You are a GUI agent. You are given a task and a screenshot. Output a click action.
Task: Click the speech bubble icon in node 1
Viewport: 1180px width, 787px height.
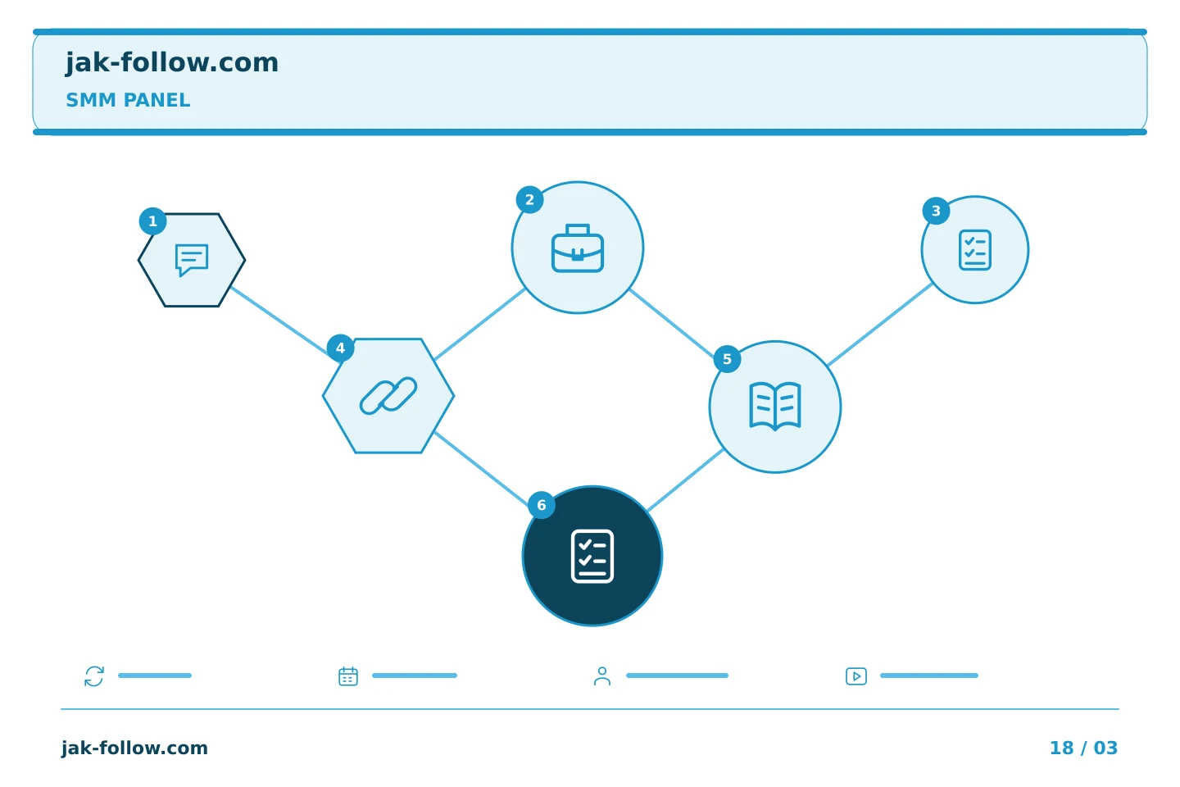(191, 259)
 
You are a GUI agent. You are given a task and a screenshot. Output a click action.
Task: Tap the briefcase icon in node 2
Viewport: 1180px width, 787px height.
(578, 248)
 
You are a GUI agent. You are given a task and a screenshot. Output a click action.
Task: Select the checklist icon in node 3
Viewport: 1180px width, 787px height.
(974, 250)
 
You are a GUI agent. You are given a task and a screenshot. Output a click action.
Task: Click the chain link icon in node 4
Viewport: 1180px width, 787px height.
(388, 395)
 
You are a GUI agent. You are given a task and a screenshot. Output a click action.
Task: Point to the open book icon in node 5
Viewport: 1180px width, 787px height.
(775, 406)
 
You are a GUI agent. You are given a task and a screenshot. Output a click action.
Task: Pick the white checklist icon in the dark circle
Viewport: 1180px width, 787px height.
(592, 556)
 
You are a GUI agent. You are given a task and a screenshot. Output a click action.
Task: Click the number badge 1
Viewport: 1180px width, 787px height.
(152, 221)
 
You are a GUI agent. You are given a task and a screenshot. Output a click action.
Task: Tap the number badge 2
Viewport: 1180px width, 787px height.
(529, 200)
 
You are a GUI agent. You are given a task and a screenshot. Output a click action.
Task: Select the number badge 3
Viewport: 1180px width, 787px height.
(936, 211)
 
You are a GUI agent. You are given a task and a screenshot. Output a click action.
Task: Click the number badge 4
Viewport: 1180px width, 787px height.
(340, 348)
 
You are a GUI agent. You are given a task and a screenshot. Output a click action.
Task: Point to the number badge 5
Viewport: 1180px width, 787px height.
(727, 359)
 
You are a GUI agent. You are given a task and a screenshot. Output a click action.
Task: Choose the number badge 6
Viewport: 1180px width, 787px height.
(541, 505)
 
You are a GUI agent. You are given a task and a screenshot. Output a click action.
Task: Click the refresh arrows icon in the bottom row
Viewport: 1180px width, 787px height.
(94, 676)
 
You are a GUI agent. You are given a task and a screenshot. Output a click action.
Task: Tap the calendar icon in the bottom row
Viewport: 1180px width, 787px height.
(348, 676)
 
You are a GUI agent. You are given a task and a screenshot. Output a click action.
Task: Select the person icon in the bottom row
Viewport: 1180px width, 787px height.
(602, 676)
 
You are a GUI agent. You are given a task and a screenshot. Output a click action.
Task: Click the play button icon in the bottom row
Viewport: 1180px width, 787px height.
(856, 676)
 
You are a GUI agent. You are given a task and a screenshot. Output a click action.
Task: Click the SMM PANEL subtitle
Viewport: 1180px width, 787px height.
(128, 100)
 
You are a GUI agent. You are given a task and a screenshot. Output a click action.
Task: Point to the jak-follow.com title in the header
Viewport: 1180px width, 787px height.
(172, 63)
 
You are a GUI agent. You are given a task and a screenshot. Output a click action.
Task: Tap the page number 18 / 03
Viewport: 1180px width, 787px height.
(1083, 748)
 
